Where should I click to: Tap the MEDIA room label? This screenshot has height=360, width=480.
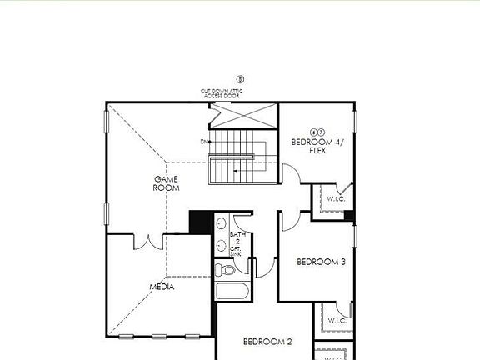[x=162, y=287]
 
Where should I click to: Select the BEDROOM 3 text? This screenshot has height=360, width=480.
[x=321, y=262]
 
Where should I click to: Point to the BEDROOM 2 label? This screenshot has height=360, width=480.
[x=267, y=342]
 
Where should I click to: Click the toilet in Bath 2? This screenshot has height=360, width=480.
[x=225, y=269]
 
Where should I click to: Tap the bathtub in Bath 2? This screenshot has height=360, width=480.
[x=232, y=292]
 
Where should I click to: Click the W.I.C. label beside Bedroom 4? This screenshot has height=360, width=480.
[x=336, y=199]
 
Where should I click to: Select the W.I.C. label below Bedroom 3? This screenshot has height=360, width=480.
[x=337, y=321]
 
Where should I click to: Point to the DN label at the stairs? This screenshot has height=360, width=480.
[x=203, y=142]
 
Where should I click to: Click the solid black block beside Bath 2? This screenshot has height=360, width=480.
[x=200, y=222]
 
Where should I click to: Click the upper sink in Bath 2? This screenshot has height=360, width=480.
[x=221, y=227]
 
